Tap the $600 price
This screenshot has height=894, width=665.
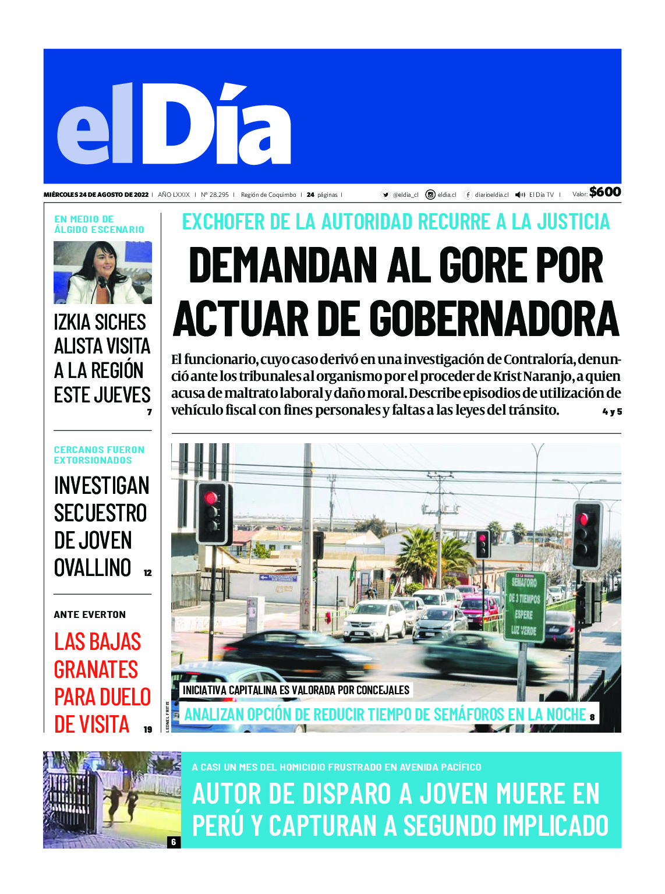tap(604, 192)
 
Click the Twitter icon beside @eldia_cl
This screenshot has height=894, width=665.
tap(385, 195)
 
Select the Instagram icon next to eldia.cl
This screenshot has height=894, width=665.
tap(430, 195)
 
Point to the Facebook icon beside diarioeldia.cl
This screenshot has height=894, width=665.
tap(468, 195)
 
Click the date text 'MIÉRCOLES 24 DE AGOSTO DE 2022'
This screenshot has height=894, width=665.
tap(96, 195)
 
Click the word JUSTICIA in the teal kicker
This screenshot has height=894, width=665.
tap(573, 222)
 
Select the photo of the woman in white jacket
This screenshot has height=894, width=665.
tap(102, 273)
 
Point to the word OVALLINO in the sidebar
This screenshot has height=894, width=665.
tap(93, 567)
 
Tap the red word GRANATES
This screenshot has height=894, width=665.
tap(96, 670)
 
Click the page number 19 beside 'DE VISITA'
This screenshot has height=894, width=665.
tap(148, 729)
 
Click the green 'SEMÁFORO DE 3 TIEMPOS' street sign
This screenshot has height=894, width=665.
tap(524, 606)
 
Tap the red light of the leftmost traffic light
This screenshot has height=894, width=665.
tap(211, 498)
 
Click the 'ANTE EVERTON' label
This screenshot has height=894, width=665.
tap(90, 614)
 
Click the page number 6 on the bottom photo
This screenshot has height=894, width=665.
tap(174, 842)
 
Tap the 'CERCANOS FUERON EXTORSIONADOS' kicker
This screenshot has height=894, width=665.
tap(99, 455)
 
